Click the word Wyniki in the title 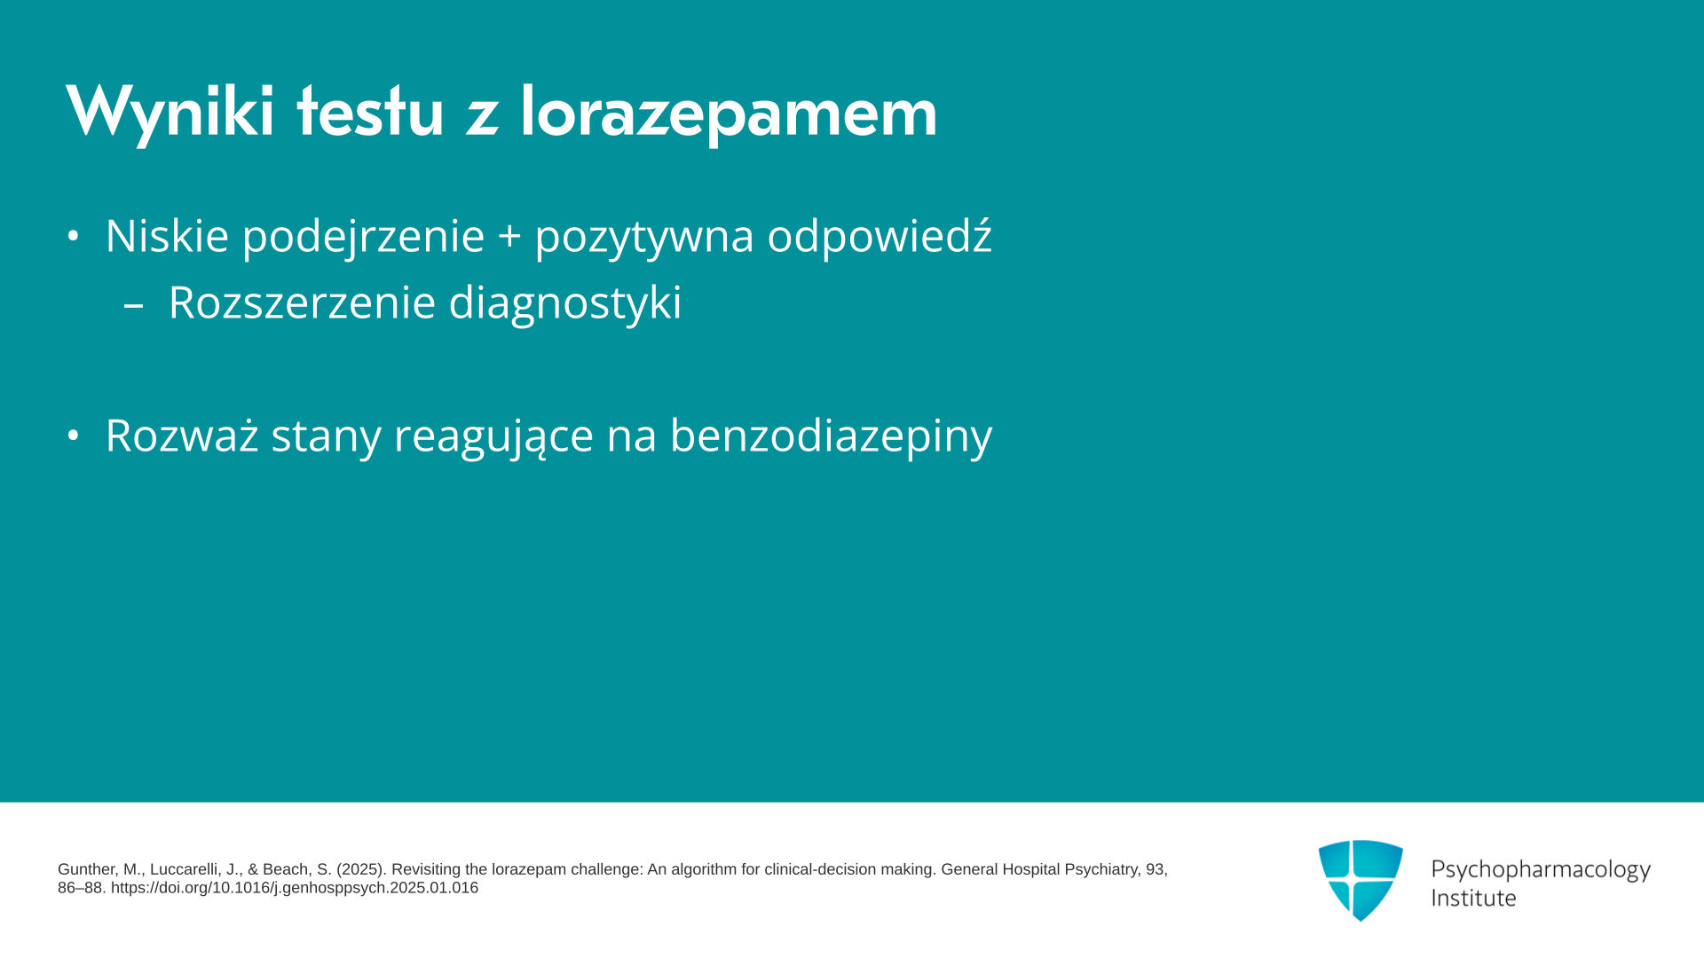coord(170,113)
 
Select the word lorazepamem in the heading coord(729,113)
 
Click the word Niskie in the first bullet coord(167,235)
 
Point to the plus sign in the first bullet coord(509,237)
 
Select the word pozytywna coord(644,237)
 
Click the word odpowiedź coord(880,237)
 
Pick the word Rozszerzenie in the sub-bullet coord(302,302)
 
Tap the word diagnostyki coord(565,303)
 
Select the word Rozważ coord(182,435)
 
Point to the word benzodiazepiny coord(831,436)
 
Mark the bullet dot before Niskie coord(74,236)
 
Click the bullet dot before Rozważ coord(74,436)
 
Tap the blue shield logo coord(1361,880)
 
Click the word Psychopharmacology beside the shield coord(1541,870)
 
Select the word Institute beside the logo coord(1473,898)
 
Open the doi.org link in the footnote coord(295,888)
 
